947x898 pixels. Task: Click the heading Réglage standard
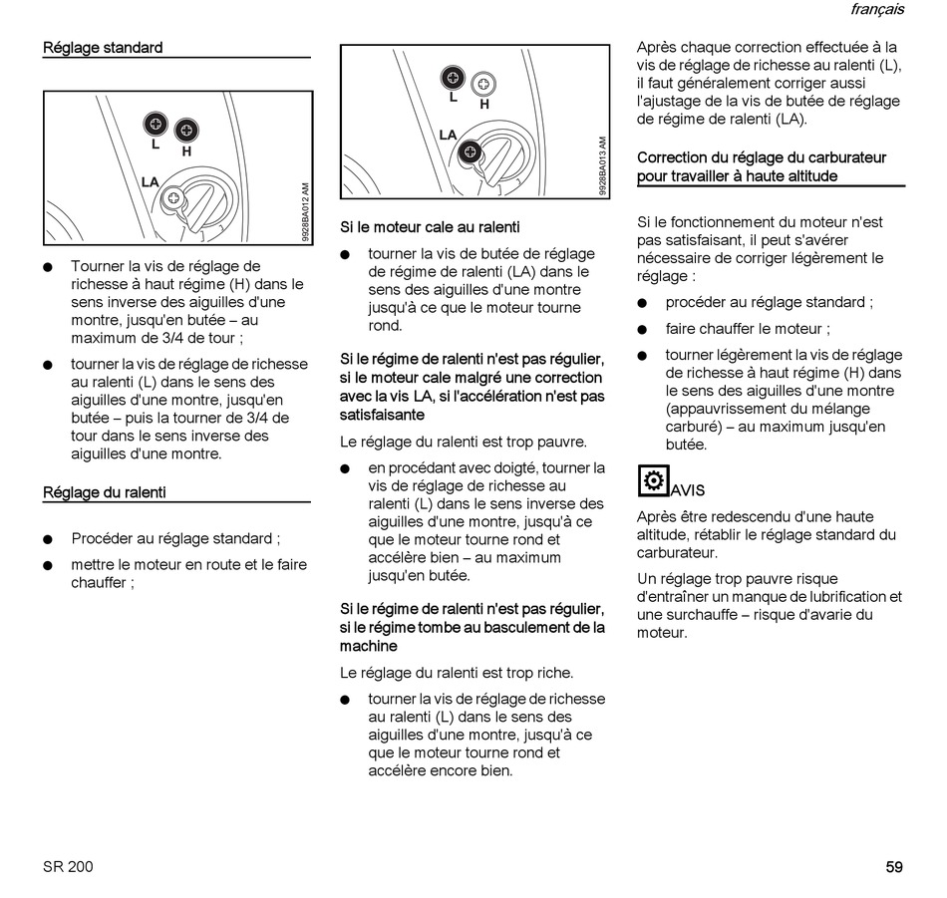coord(103,48)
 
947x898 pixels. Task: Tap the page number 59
coord(894,867)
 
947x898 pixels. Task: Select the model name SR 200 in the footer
coord(68,867)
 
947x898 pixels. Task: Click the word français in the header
coord(877,10)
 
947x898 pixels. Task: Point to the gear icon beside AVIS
coord(653,480)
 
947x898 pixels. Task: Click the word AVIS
coord(688,490)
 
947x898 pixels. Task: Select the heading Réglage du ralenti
coord(105,492)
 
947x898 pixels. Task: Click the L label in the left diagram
coord(156,144)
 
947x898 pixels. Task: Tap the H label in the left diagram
coord(186,151)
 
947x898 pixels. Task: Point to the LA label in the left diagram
coord(150,182)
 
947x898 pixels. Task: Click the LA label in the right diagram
coord(448,136)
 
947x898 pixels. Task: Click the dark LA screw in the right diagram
coord(471,151)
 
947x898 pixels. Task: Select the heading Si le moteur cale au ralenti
coord(430,228)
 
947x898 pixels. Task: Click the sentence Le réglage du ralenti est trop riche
coord(457,673)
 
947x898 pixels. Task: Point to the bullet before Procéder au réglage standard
coord(48,540)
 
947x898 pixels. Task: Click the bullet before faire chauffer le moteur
coord(644,330)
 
